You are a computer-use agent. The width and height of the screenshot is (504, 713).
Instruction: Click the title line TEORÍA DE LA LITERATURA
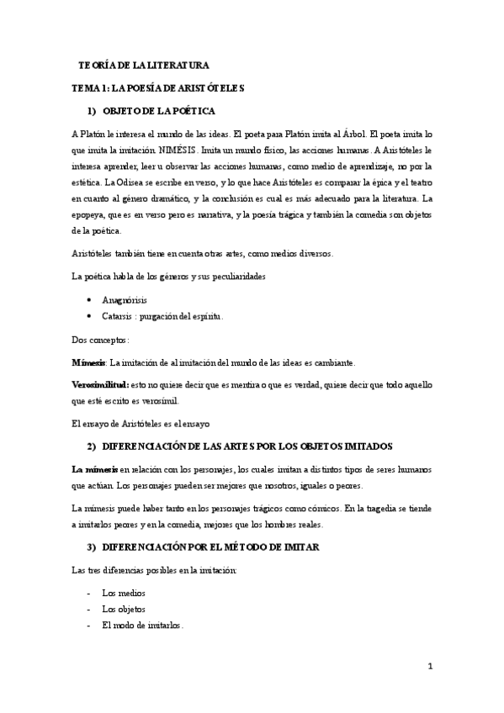pos(143,65)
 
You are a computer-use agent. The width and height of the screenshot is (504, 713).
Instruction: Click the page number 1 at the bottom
pos(429,667)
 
